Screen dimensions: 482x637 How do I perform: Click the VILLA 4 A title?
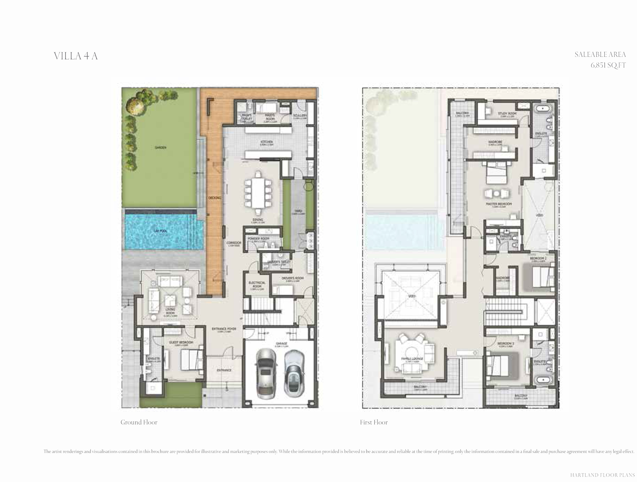click(x=76, y=56)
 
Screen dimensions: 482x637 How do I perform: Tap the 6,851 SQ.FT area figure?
click(x=608, y=65)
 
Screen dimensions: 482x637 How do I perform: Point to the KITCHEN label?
click(x=266, y=142)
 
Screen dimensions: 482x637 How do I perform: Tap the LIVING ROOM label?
click(x=170, y=311)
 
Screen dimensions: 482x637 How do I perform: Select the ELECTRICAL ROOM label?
click(x=257, y=284)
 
